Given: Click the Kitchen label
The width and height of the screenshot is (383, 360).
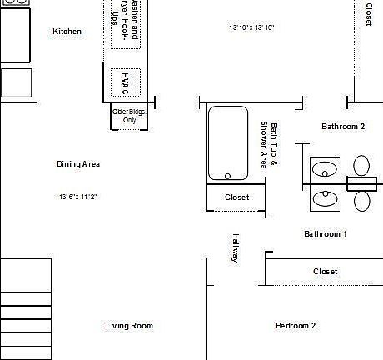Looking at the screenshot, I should tap(67, 32).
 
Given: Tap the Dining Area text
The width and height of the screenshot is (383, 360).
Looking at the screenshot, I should tap(78, 164).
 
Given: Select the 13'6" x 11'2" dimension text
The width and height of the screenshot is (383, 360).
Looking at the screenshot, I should tap(78, 197).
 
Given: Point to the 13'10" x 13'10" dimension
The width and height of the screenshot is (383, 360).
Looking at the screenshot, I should tap(251, 28).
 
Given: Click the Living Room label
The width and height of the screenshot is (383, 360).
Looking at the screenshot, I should tap(129, 326).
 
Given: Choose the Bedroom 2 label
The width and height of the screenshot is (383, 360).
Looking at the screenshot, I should tap(296, 326).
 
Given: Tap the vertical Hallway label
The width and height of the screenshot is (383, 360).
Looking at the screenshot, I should tap(236, 247).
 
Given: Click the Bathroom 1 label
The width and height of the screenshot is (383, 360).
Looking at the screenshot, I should tap(325, 234).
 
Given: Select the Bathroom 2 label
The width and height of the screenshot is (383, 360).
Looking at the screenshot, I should tap(343, 127).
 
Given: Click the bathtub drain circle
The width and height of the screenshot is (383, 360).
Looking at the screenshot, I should tap(227, 176).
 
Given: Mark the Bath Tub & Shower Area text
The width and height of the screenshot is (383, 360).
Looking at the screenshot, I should tap(269, 146).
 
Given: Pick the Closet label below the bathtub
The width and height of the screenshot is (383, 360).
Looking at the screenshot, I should tap(236, 197).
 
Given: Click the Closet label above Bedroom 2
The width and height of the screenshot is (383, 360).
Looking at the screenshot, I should tap(325, 272).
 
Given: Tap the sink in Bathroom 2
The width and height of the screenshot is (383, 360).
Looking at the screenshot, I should tap(323, 170).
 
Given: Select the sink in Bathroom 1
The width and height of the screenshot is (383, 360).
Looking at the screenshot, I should tap(323, 199).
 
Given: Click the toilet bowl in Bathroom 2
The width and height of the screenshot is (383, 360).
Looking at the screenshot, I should tap(362, 166).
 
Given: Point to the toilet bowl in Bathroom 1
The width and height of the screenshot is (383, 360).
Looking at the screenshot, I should tap(362, 201).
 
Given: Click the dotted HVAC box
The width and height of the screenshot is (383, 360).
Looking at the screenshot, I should tap(126, 82).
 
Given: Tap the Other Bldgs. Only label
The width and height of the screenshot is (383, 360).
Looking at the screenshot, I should tap(129, 115).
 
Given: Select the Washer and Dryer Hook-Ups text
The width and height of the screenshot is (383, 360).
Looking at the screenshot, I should tap(126, 25).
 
